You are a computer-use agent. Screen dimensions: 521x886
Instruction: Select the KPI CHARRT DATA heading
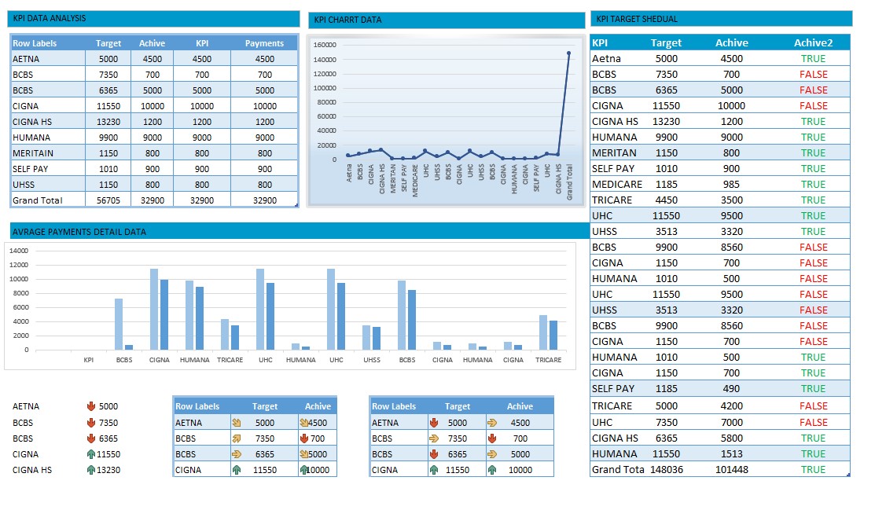click(x=347, y=20)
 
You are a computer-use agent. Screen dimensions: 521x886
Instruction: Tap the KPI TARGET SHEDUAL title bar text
click(x=636, y=19)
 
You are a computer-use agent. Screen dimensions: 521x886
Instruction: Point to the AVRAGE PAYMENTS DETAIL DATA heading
click(x=79, y=232)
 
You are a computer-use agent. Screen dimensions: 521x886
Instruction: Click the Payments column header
click(x=264, y=43)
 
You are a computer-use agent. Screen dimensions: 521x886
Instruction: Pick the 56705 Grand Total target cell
click(x=108, y=200)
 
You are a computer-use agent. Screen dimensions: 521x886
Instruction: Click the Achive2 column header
click(x=813, y=43)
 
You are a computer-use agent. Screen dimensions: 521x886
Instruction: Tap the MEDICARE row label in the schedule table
click(x=617, y=184)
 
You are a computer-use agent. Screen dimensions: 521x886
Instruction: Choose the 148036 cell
click(x=666, y=469)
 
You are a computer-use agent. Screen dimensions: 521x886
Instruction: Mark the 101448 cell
click(x=731, y=469)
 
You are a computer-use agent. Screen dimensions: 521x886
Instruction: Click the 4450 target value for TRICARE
click(x=666, y=200)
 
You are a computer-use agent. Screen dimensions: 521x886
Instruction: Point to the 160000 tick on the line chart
click(x=325, y=45)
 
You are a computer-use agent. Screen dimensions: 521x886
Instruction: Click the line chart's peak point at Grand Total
click(x=568, y=53)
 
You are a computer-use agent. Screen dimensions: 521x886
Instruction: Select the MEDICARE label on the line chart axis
click(x=415, y=179)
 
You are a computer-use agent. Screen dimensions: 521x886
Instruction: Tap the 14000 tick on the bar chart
click(x=19, y=251)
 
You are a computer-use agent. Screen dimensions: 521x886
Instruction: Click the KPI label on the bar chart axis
click(x=89, y=360)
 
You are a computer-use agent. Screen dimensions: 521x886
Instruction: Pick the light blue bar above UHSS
click(x=366, y=337)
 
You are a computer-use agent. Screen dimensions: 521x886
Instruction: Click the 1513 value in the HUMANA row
click(x=731, y=453)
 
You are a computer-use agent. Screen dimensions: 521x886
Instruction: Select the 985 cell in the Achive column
click(x=731, y=184)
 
